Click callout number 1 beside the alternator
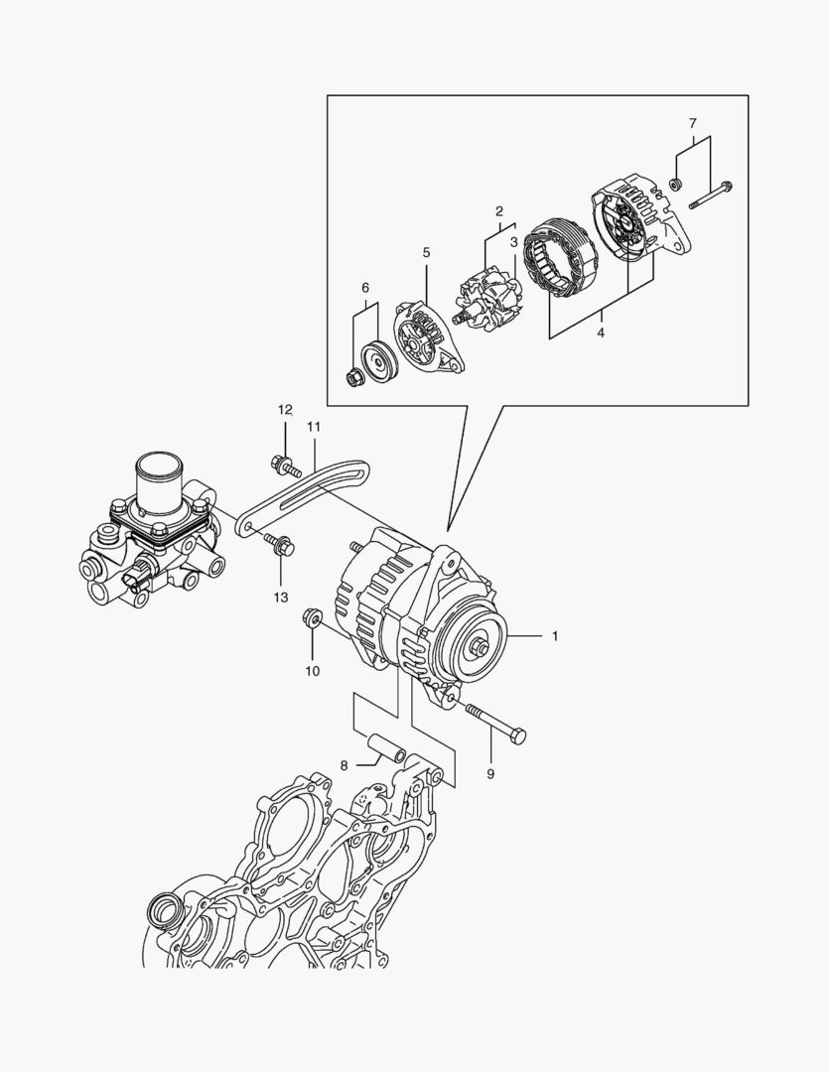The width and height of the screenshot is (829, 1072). click(x=555, y=635)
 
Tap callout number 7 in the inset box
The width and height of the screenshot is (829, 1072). click(x=693, y=123)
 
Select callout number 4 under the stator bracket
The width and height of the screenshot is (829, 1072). click(x=601, y=335)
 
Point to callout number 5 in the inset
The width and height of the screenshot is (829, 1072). click(x=426, y=253)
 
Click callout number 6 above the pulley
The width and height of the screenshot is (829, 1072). click(x=365, y=288)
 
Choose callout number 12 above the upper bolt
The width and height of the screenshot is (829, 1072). click(x=285, y=409)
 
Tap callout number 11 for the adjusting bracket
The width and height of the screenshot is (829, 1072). click(x=314, y=427)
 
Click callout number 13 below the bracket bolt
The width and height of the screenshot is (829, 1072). click(x=281, y=597)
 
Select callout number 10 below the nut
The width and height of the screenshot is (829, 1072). click(x=312, y=671)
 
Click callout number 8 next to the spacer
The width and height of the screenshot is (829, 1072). click(x=345, y=765)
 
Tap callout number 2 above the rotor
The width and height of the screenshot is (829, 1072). click(x=498, y=211)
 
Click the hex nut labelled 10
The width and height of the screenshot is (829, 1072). click(x=311, y=620)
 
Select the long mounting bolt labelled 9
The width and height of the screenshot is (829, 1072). click(x=492, y=723)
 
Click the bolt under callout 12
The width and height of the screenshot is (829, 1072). click(x=284, y=464)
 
